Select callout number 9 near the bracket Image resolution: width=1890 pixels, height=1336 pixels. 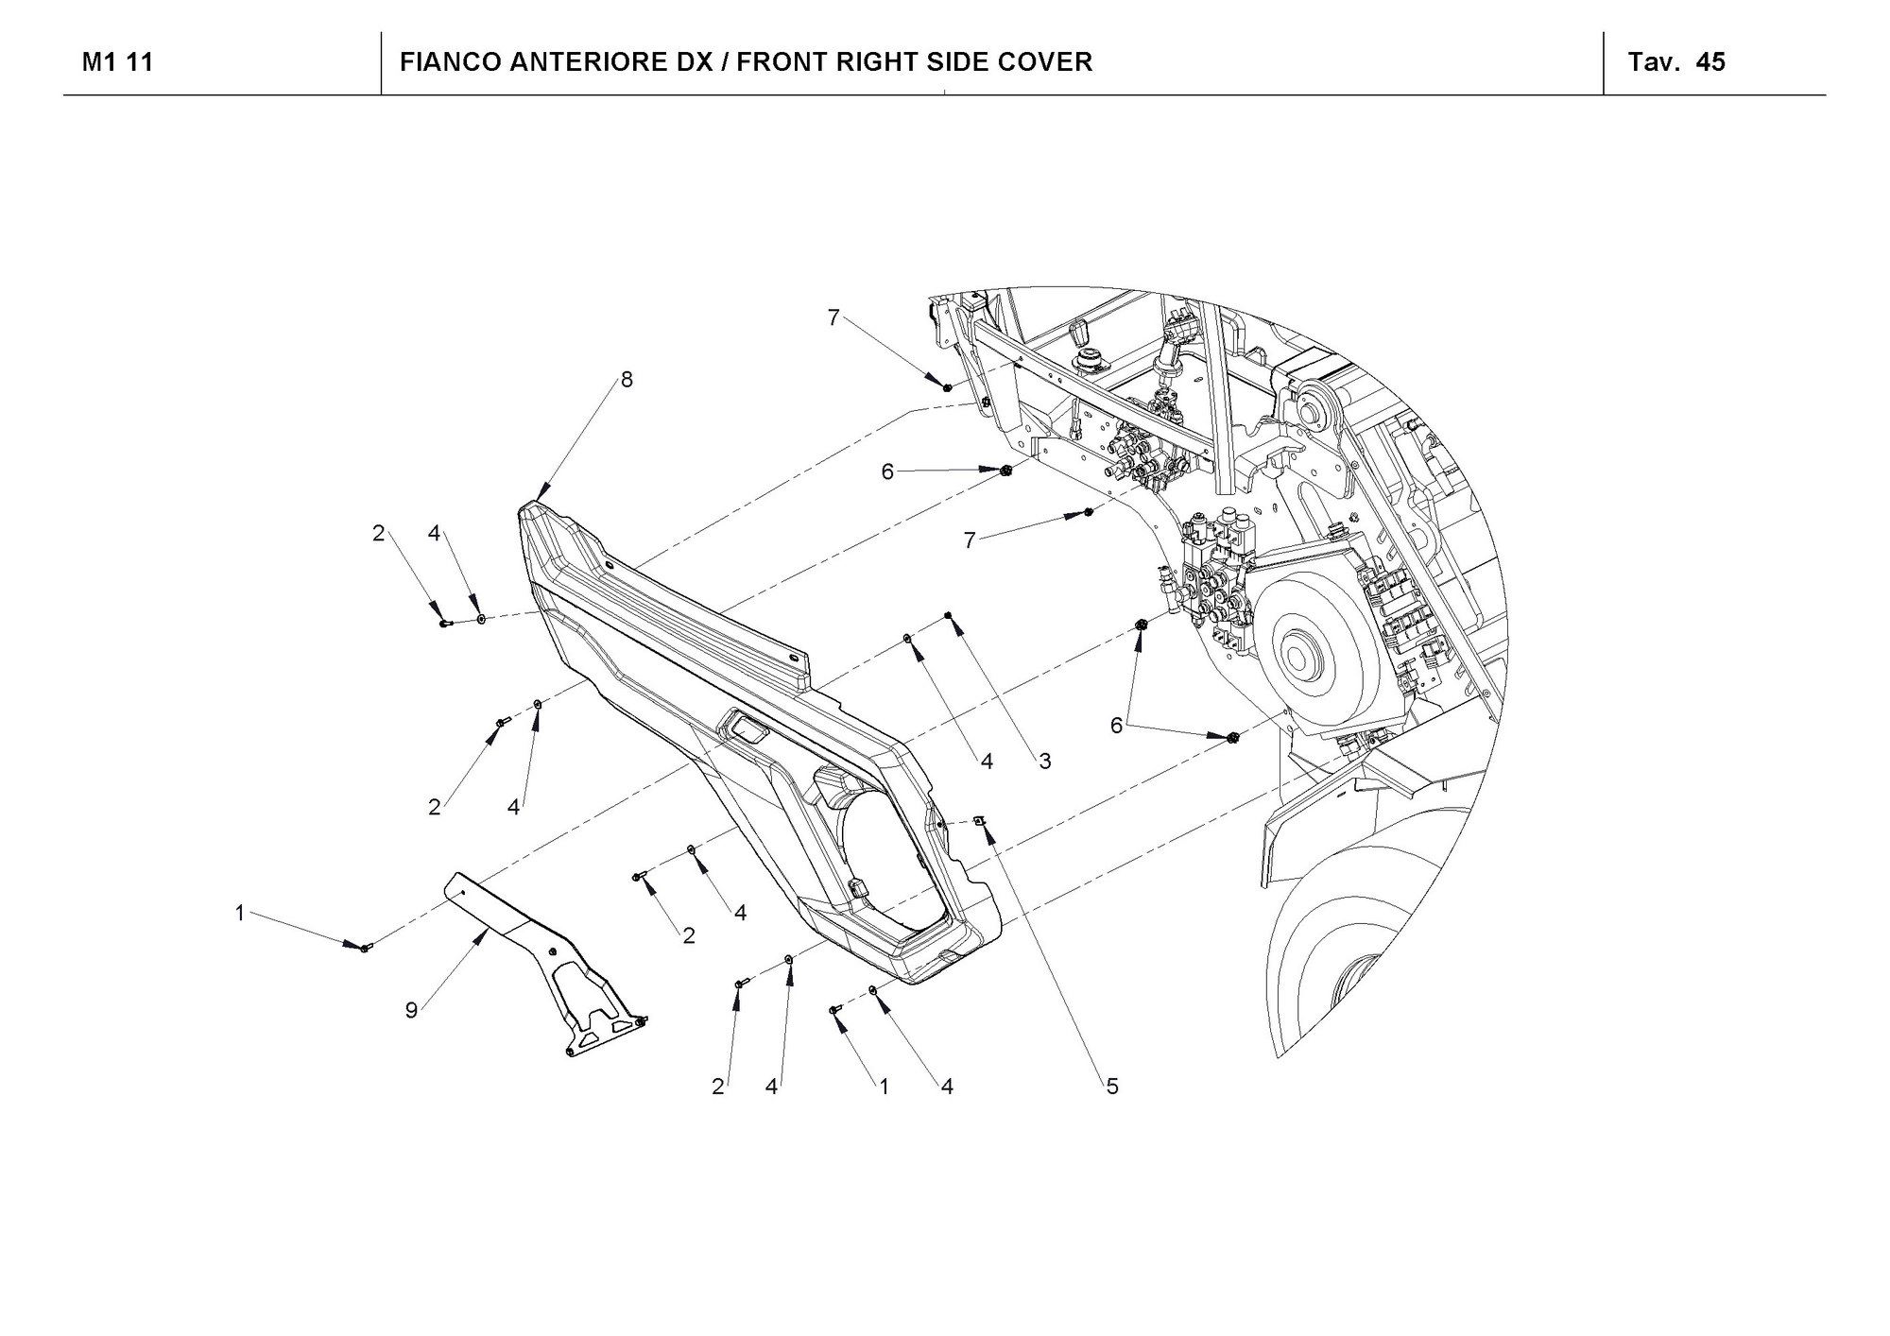[411, 1011]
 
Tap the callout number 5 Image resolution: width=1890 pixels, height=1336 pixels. [1112, 1087]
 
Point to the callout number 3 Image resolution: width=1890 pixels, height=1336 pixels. [1044, 761]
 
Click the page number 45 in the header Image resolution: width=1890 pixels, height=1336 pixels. [1710, 62]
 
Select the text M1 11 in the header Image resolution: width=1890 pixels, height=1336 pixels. [117, 62]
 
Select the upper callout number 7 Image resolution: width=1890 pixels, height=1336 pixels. [833, 318]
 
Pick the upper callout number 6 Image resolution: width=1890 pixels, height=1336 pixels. [887, 471]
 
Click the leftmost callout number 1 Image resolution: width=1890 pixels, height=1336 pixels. [240, 913]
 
